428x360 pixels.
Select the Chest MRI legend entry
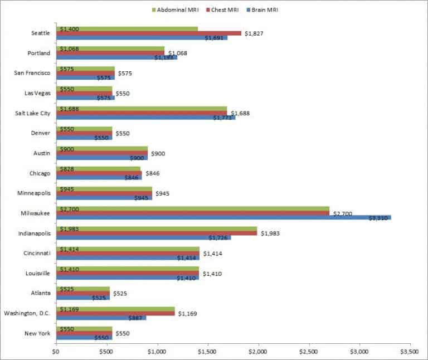225,9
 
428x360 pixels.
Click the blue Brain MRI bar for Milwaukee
223,217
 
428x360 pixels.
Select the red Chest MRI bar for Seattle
148,33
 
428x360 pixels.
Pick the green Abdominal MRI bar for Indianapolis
156,228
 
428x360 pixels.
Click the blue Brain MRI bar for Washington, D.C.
101,318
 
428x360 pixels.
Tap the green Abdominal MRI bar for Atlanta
82,289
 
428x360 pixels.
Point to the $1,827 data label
254,33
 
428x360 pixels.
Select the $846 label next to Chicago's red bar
153,173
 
